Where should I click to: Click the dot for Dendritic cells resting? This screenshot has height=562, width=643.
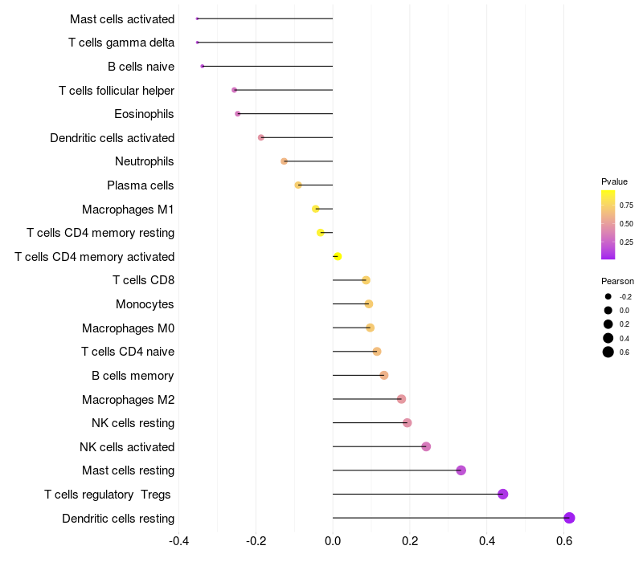(x=569, y=518)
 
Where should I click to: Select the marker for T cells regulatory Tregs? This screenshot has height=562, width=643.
(x=503, y=494)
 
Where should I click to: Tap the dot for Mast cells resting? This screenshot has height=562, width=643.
(x=461, y=470)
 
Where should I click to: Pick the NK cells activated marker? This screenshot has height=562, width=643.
(x=426, y=446)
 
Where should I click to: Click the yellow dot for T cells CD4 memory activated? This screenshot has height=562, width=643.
(x=338, y=256)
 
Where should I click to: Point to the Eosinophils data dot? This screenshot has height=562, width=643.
(x=238, y=114)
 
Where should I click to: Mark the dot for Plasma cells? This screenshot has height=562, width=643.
(x=298, y=185)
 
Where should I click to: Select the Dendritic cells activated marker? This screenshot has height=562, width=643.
(x=261, y=137)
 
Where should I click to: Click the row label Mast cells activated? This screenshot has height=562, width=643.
(x=122, y=18)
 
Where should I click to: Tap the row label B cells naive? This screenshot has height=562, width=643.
(x=141, y=67)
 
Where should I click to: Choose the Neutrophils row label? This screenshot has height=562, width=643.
(x=145, y=161)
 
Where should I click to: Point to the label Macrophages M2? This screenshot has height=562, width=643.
(x=129, y=399)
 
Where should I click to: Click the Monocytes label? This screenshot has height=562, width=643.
(x=145, y=304)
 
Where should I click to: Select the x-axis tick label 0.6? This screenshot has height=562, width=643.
(x=564, y=541)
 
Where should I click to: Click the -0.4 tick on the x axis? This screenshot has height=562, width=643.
(x=178, y=541)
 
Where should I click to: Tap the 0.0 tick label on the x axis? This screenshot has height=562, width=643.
(x=333, y=541)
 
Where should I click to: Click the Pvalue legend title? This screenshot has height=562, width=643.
(x=614, y=181)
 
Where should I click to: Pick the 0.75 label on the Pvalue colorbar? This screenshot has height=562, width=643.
(x=626, y=206)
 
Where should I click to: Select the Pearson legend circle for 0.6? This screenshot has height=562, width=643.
(x=608, y=352)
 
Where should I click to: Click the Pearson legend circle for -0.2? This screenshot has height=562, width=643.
(x=608, y=296)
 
